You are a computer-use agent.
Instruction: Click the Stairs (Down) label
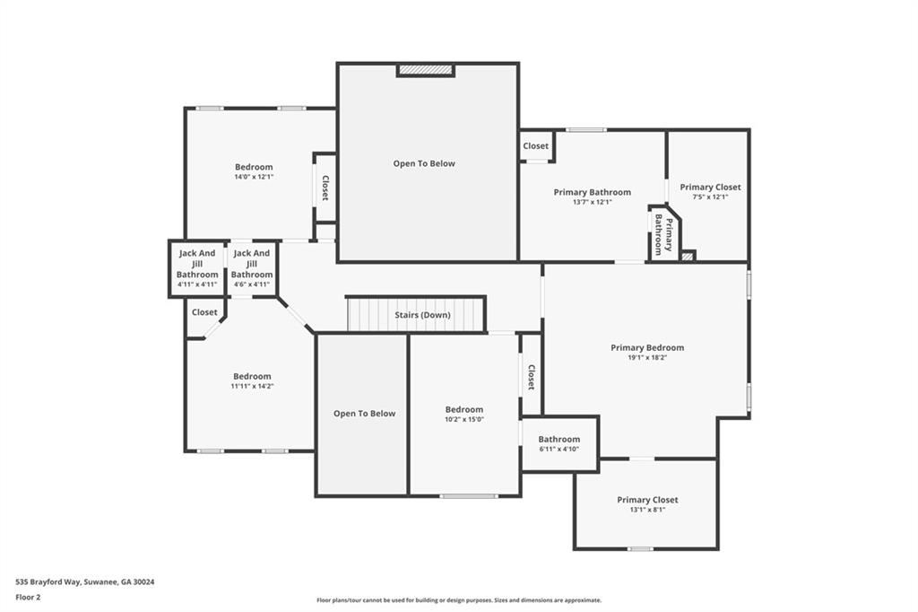(422, 315)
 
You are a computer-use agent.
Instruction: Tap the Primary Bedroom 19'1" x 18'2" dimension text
(646, 357)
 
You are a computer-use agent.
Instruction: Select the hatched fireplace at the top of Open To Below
(425, 69)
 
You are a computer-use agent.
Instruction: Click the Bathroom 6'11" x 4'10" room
(559, 443)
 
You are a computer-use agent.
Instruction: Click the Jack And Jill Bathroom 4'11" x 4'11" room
(197, 268)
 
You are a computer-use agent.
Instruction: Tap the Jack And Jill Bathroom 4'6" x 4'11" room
(252, 268)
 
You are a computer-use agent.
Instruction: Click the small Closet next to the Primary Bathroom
(535, 146)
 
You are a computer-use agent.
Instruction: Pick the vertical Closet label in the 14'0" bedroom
(325, 187)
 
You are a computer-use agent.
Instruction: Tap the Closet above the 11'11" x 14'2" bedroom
(204, 312)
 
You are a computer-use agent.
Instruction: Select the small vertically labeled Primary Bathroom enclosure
(663, 234)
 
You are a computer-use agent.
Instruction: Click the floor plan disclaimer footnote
(458, 600)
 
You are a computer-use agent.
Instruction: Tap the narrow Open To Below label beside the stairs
(364, 414)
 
